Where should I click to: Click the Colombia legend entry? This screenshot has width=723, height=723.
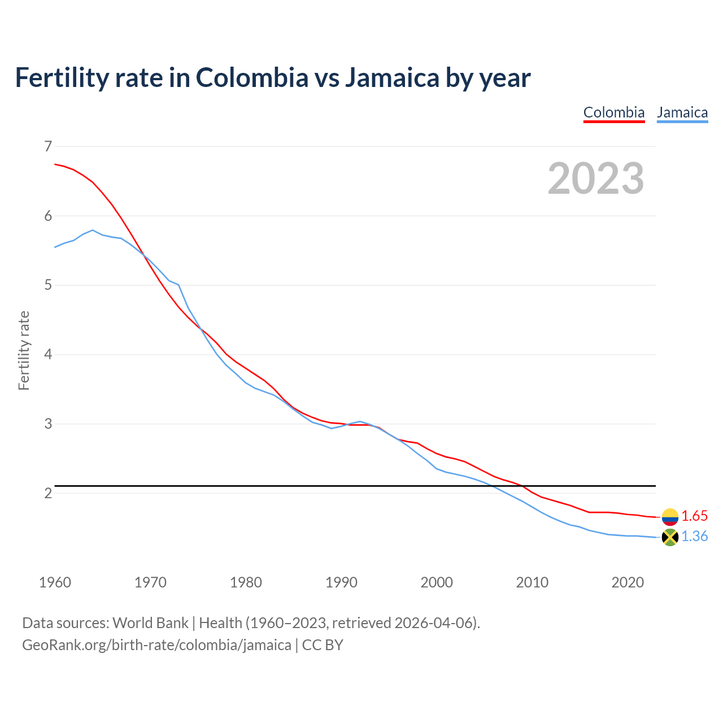point(613,112)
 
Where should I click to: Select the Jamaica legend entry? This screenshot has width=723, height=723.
point(682,112)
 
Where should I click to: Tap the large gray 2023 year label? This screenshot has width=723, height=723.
point(596,178)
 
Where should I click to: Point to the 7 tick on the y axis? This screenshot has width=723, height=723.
point(47,147)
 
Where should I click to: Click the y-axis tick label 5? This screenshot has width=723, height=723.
point(47,285)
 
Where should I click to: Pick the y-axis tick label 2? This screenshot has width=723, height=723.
point(47,493)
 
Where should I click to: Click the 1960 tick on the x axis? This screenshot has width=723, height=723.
point(55,582)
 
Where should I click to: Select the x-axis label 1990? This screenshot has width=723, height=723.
point(341,582)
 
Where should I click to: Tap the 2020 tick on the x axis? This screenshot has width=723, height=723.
point(628,582)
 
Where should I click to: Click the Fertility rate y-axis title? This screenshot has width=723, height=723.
point(24,350)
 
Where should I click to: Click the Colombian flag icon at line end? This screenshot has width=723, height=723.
point(670,517)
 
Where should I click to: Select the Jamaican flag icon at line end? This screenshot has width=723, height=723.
point(670,537)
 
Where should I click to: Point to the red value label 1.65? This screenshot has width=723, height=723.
point(694,516)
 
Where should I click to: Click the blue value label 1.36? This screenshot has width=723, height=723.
point(694,537)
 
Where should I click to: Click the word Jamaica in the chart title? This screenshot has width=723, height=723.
point(392,77)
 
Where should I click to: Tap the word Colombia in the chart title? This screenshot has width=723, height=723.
point(252,77)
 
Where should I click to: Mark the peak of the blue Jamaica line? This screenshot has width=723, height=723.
point(93,230)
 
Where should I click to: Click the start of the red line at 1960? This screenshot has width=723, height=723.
point(55,164)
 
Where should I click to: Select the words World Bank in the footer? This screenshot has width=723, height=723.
point(150,623)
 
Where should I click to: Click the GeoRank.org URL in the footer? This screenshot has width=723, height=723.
point(156,645)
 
